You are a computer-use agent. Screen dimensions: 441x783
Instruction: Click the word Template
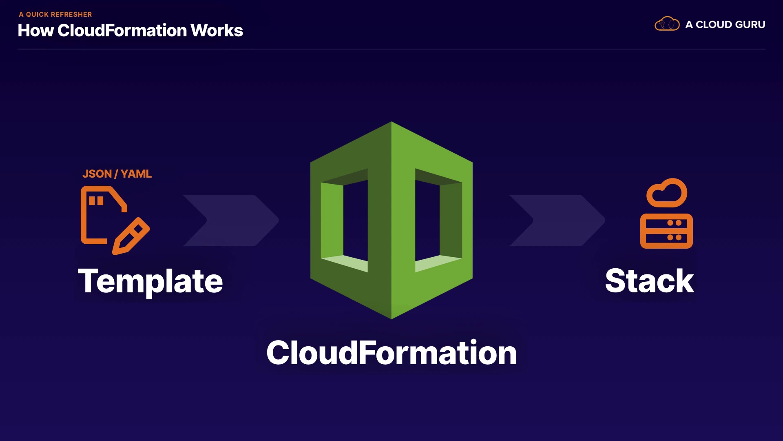[150, 281]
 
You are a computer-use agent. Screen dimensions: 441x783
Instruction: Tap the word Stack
[649, 281]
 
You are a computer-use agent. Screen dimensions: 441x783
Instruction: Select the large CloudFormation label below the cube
[391, 353]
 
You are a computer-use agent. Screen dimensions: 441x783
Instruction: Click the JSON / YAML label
[117, 174]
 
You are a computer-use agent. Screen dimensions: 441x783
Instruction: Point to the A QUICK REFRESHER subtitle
[55, 14]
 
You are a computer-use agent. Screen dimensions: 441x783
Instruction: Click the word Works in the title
[217, 31]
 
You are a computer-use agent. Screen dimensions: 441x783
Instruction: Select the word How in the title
[35, 31]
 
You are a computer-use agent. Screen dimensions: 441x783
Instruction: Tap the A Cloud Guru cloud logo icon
[667, 24]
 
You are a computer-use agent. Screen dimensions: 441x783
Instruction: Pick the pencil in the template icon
[131, 236]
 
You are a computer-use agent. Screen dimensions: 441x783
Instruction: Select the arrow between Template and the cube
[231, 220]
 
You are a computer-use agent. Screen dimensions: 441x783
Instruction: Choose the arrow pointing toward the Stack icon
[557, 220]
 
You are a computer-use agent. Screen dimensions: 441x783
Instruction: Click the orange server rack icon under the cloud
[666, 231]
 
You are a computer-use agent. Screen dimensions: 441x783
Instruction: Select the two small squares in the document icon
[96, 201]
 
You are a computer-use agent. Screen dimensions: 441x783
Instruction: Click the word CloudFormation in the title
[122, 31]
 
